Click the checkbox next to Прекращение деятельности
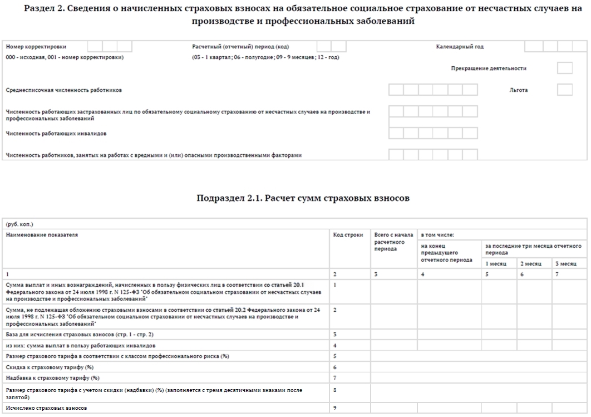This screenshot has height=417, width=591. tap(564, 68)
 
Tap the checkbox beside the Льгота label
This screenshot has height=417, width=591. tap(564, 90)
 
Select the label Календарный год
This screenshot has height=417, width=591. tap(460, 47)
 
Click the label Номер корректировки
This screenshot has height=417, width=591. tap(40, 47)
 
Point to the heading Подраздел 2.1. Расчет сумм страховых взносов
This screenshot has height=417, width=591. tap(303, 198)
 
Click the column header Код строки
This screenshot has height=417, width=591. tap(348, 235)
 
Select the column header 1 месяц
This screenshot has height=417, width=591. tap(495, 263)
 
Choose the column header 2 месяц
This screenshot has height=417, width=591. tap(530, 263)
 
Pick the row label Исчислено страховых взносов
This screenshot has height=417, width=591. tap(46, 408)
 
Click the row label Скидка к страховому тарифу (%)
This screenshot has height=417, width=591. tap(49, 367)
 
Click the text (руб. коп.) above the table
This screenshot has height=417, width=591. tap(19, 224)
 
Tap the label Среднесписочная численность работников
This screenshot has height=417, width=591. tap(63, 90)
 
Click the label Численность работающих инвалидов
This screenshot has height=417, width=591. tap(56, 134)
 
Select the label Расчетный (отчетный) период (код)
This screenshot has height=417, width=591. tap(240, 47)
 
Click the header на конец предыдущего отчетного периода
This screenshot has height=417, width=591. tap(447, 252)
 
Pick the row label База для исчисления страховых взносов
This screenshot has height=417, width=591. tap(80, 335)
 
